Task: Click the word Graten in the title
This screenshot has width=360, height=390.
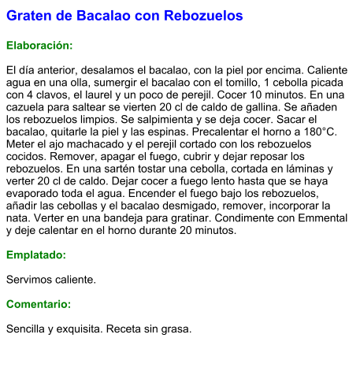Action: coord(28,16)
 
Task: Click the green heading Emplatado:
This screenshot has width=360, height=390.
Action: coord(36,255)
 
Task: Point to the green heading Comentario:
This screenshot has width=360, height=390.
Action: coord(39,304)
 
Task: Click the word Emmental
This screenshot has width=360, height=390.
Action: coord(314,218)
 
